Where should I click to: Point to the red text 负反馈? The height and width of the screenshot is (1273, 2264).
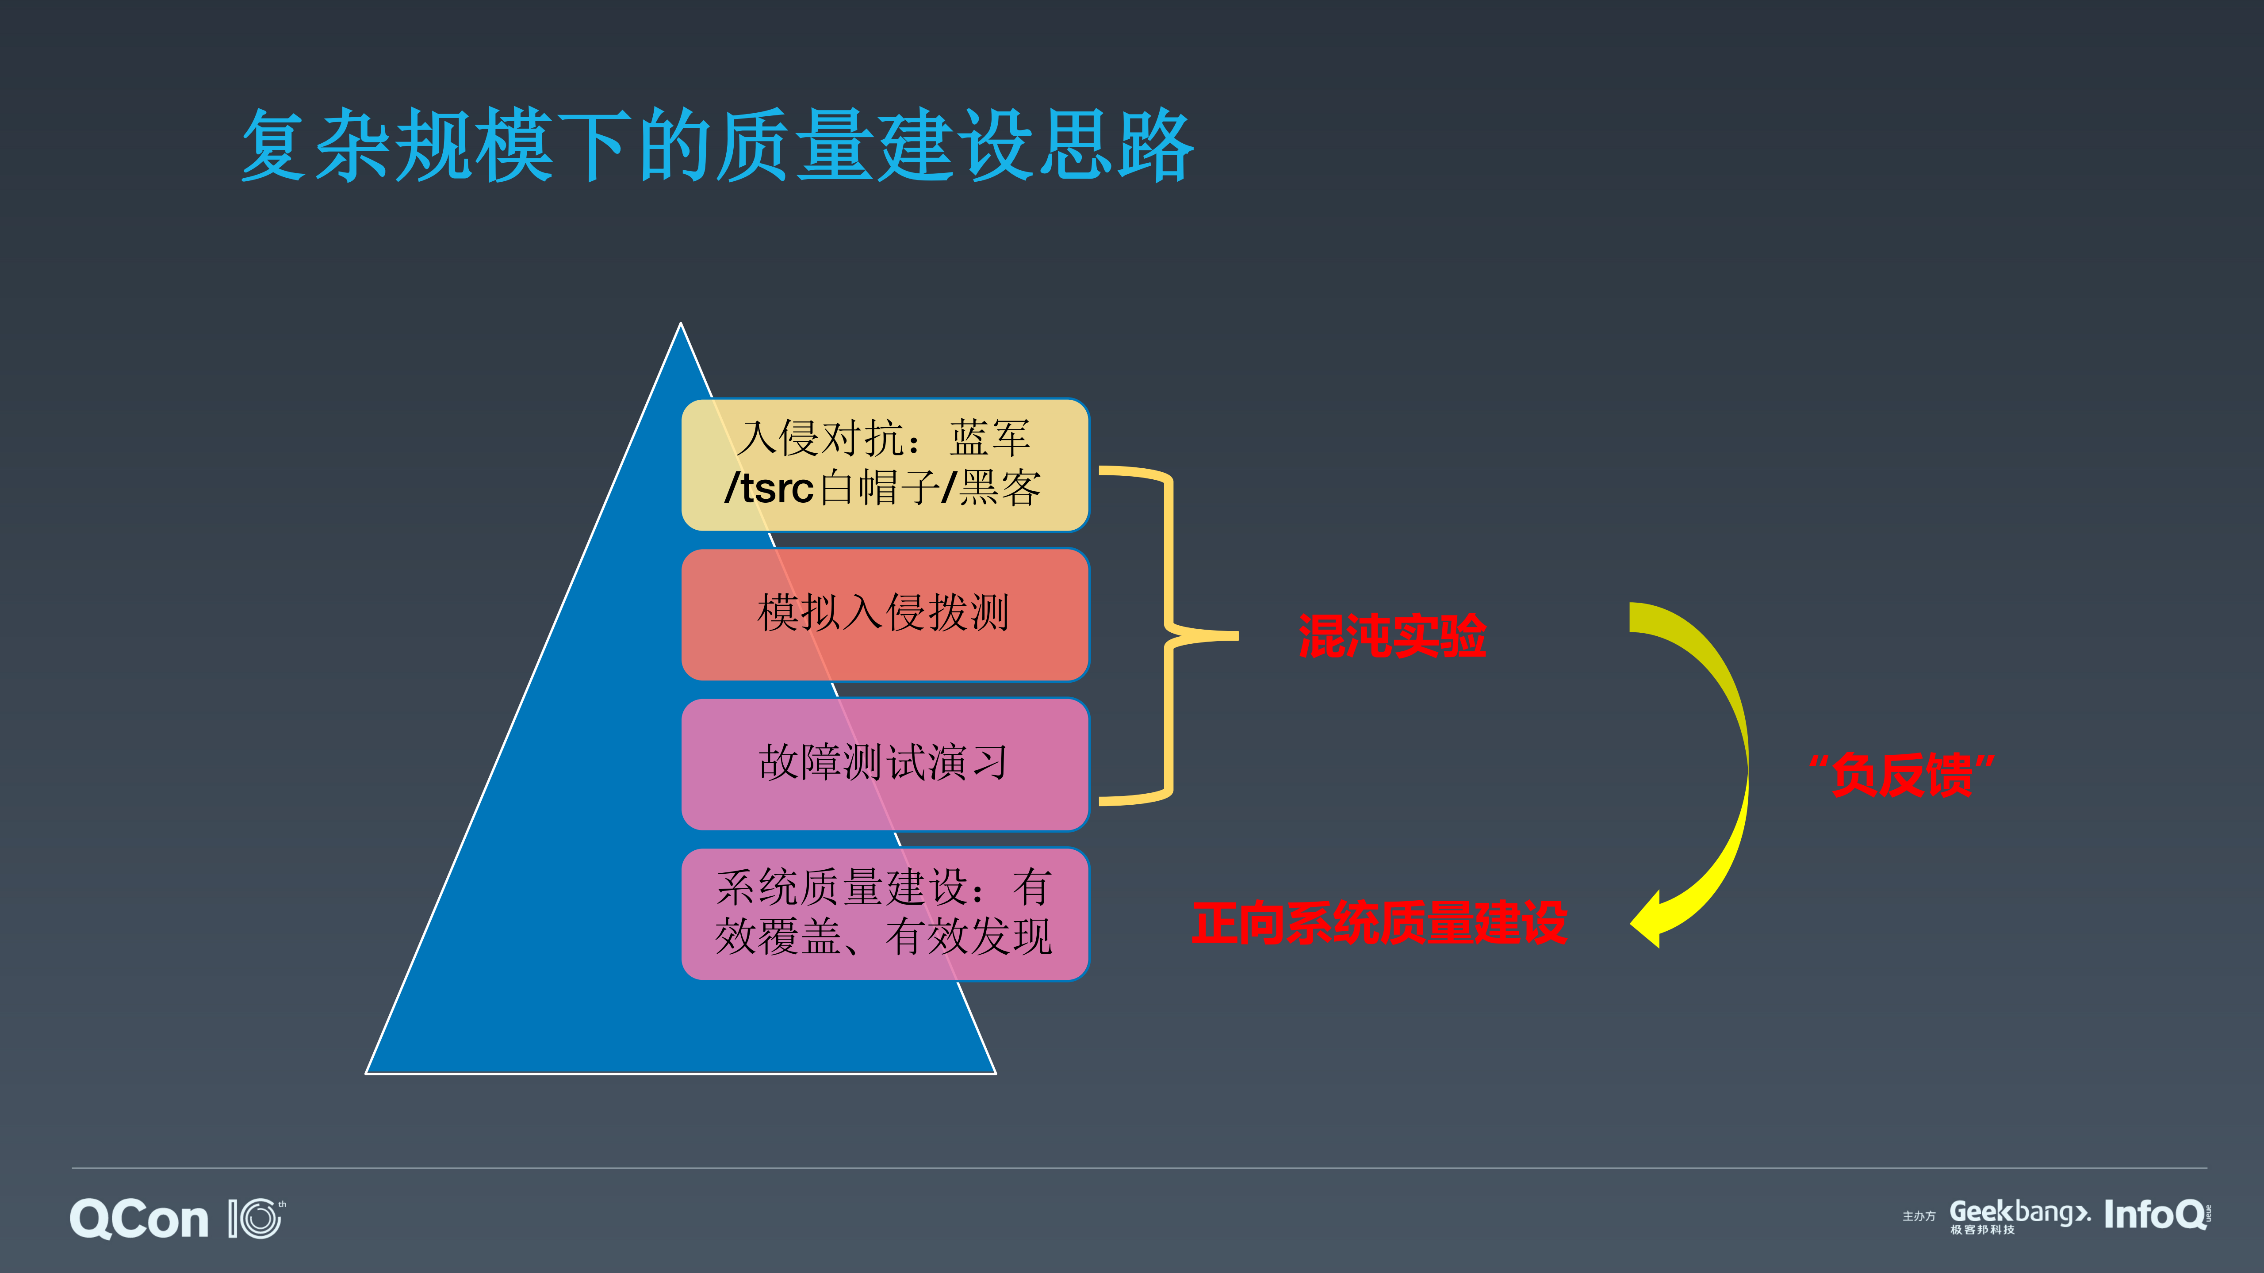(x=1901, y=775)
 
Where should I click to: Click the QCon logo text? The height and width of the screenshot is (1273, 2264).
(x=139, y=1219)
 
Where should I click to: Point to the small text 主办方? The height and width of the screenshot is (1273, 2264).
(x=1919, y=1217)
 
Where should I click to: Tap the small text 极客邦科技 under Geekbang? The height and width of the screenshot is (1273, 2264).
(x=1982, y=1230)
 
